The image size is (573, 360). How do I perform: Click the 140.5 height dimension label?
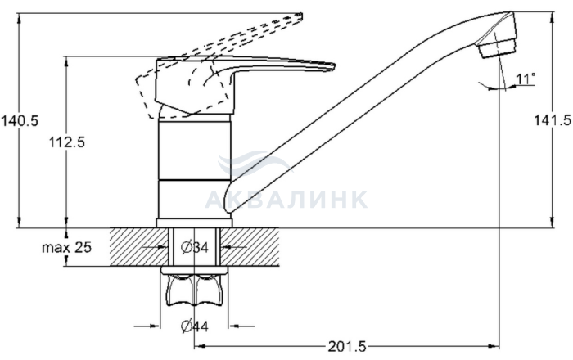[x=20, y=120]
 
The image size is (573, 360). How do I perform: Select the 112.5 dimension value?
[x=67, y=142]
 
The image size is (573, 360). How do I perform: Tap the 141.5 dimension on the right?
[x=553, y=119]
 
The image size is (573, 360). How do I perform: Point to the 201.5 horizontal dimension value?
[x=347, y=346]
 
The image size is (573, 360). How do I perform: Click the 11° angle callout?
[x=526, y=79]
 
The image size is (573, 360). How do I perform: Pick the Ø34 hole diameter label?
[x=195, y=247]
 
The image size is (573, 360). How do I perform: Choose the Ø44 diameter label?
[x=195, y=326]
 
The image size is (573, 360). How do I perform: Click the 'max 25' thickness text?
[x=66, y=247]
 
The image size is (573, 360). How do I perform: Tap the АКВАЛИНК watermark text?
[x=286, y=199]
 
